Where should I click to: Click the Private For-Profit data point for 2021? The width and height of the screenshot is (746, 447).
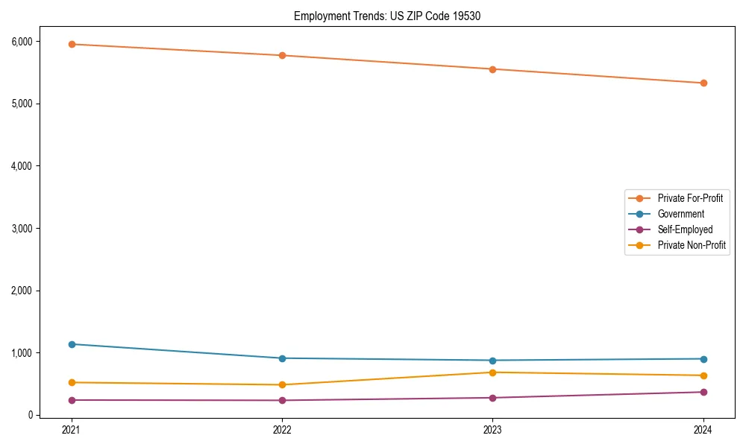[x=72, y=44]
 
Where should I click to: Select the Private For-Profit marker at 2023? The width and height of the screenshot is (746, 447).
[x=492, y=69]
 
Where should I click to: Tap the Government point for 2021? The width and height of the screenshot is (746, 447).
[x=72, y=344]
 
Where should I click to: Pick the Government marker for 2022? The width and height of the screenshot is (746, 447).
[x=282, y=358]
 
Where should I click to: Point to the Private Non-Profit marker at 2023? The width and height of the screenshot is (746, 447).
[x=492, y=372]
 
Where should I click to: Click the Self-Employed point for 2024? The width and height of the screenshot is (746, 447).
[x=703, y=392]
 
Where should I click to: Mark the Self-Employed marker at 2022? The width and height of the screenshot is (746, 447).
[x=282, y=400]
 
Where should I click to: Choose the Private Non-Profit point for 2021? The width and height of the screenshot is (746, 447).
[x=72, y=382]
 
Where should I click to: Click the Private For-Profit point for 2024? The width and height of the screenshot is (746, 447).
[x=703, y=83]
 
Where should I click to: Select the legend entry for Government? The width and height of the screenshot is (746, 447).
[x=680, y=214]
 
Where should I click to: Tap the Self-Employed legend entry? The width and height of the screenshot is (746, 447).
[x=685, y=229]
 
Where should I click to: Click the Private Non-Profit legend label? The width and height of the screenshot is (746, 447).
[x=692, y=245]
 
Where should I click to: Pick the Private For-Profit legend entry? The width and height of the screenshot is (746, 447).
[x=689, y=198]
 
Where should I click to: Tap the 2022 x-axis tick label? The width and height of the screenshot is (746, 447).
[x=282, y=429]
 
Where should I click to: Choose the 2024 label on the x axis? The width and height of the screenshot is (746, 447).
[x=703, y=429]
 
